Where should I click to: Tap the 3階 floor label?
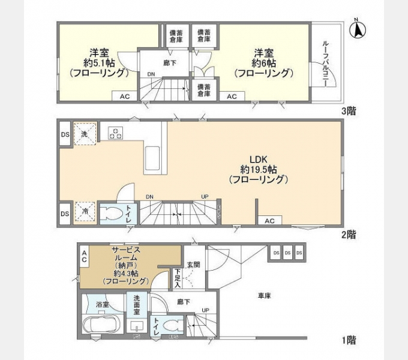point(349,111)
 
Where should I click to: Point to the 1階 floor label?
point(349,341)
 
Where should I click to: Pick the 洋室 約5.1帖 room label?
point(98,62)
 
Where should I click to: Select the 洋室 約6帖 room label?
point(264,62)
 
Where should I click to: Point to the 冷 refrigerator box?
point(85,212)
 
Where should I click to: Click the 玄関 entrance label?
point(193,265)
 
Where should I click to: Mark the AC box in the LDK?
point(270,221)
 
